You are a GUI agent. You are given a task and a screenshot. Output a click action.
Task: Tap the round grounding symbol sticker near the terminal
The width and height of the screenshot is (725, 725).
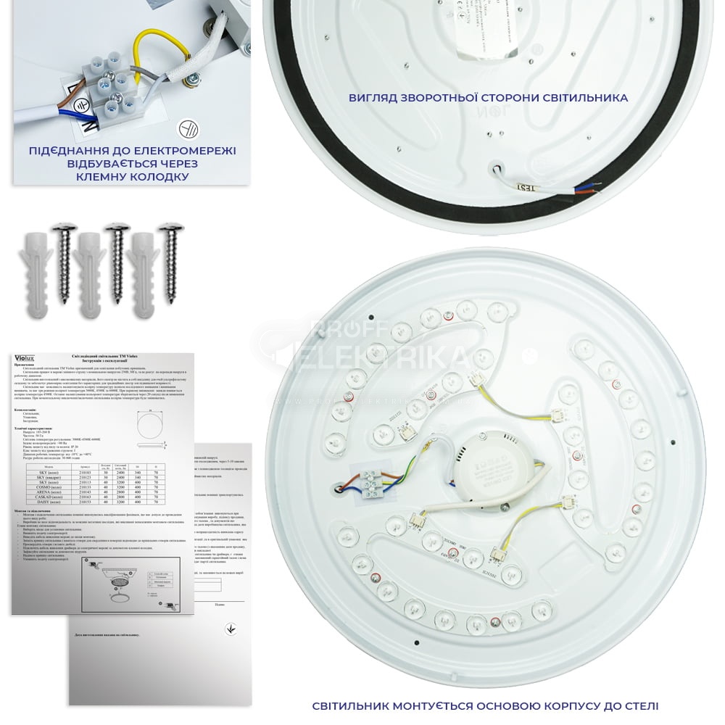click(188, 129)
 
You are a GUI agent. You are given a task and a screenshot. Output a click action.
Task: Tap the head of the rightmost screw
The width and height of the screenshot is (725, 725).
click(173, 228)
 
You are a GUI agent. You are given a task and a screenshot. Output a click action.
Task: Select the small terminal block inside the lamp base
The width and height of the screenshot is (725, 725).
click(374, 481)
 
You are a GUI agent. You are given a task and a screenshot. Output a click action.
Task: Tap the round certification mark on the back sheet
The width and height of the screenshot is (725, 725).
click(231, 629)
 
